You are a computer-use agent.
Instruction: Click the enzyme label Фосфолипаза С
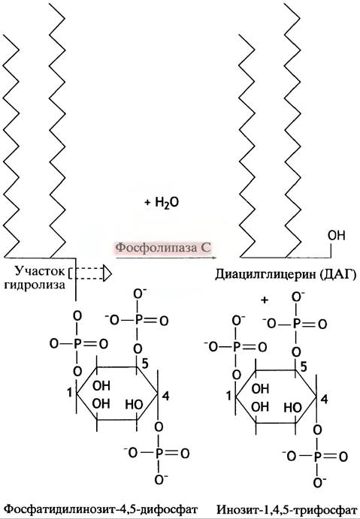pos(163,248)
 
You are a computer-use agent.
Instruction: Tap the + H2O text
pos(162,203)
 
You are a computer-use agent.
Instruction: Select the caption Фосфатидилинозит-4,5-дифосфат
pos(102,508)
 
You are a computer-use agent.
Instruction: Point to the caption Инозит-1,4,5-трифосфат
pos(287,509)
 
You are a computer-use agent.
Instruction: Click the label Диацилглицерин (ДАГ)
pos(286,274)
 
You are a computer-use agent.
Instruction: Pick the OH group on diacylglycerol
pos(336,236)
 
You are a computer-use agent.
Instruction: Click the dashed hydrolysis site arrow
pos(90,273)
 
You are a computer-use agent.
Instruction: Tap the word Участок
pos(39,271)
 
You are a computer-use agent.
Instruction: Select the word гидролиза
pos(35,285)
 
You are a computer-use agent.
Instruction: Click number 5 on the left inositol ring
pos(145,364)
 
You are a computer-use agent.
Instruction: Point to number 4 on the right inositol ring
pos(324,399)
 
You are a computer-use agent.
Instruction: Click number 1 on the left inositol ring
pos(70,393)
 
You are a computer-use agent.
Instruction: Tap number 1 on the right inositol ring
pos(228,396)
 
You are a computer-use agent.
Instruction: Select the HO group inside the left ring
pos(134,404)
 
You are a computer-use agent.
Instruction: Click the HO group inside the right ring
pos(293,407)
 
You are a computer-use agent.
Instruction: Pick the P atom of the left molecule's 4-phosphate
pos(159,453)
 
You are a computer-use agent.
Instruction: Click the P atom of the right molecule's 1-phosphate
pos(236,347)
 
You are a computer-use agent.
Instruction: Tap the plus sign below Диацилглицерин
pos(265,300)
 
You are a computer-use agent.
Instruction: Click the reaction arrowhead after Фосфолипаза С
pos(214,257)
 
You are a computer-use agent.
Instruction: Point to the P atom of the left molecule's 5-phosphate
pos(138,321)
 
